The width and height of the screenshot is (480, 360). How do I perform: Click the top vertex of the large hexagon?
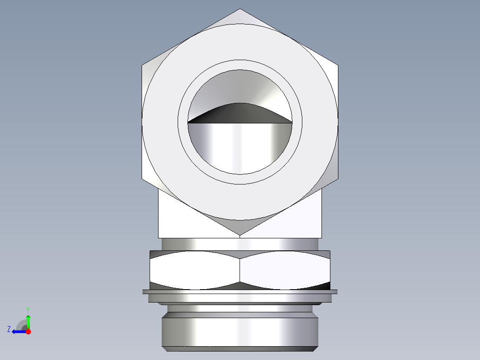[240, 9]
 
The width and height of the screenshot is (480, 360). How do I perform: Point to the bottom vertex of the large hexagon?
[240, 235]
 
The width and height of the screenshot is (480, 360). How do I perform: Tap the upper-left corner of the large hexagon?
[142, 65]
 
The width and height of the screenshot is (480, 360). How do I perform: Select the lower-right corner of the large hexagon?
[337, 179]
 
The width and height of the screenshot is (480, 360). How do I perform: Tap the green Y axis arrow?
[28, 320]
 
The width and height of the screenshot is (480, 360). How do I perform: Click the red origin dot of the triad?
[28, 331]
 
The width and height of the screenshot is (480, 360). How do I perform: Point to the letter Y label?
[28, 309]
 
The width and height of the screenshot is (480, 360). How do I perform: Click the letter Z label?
[9, 329]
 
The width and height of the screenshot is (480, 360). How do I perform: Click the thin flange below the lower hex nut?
[240, 292]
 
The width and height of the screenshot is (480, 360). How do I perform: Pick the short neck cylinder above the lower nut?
[240, 244]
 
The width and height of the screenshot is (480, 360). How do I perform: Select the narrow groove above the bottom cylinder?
[240, 308]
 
